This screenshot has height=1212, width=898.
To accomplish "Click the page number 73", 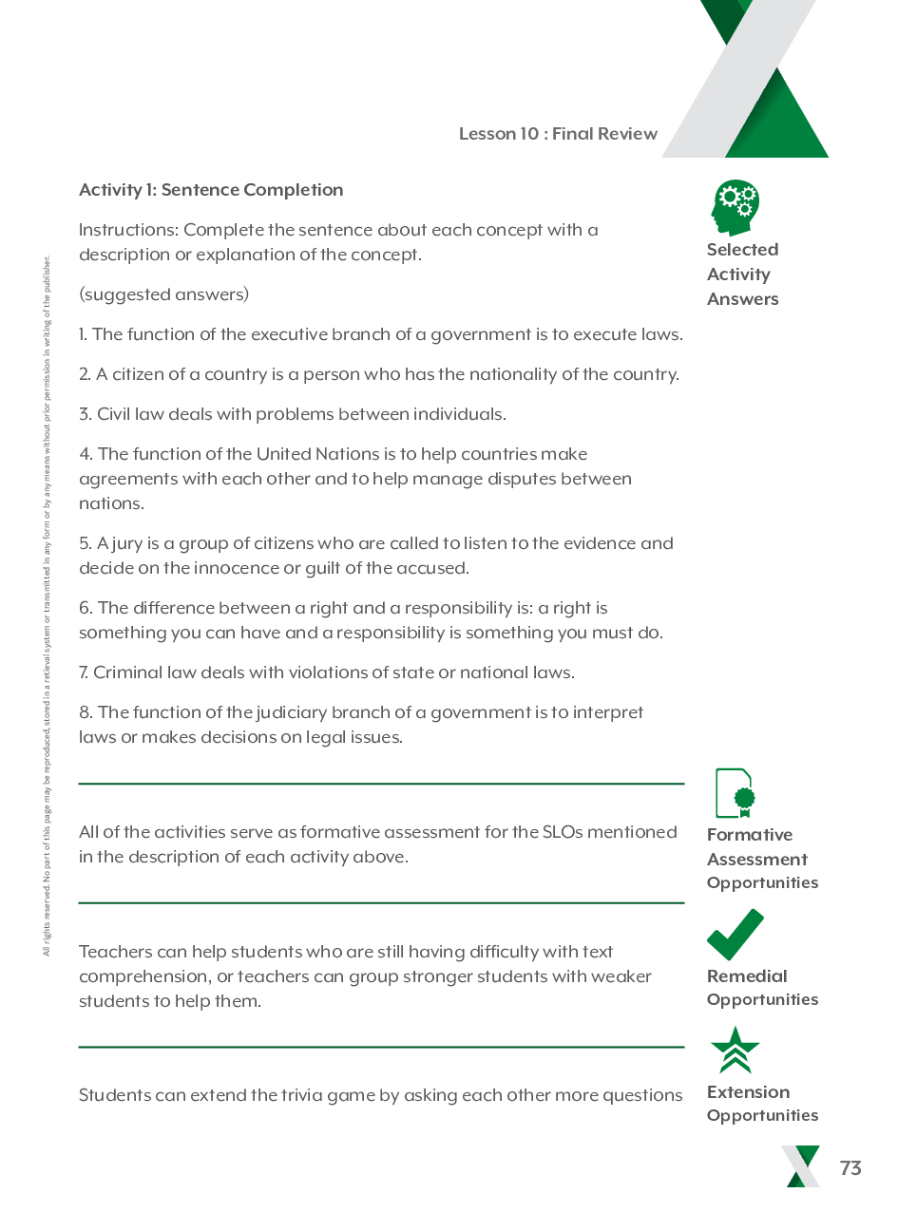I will click(x=850, y=1168).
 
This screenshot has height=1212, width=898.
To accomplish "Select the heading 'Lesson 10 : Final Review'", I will click(x=558, y=134).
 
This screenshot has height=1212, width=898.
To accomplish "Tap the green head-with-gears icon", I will click(x=736, y=207).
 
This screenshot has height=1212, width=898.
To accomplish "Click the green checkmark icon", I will click(x=735, y=935).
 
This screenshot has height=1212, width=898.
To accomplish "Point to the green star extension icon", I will click(x=735, y=1051).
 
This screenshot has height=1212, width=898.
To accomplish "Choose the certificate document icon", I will click(x=735, y=793).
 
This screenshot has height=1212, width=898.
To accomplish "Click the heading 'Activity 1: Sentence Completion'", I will click(x=211, y=190).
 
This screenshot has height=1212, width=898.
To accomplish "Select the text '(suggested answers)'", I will click(x=163, y=294).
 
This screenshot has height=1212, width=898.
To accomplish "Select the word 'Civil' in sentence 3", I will click(x=113, y=414).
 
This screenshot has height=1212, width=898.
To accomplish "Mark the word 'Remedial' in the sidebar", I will click(x=747, y=976).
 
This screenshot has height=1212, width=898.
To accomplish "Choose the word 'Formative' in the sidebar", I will click(x=750, y=835).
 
